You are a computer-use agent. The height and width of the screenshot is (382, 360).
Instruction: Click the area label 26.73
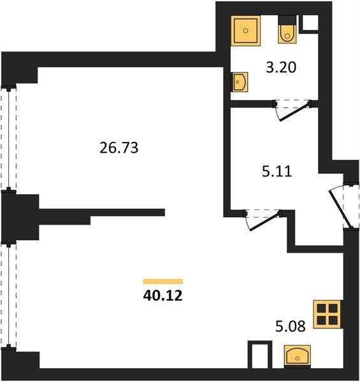(119, 148)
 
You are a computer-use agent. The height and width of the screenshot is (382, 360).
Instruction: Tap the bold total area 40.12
(163, 296)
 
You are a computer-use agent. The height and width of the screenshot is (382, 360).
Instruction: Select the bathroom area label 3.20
(281, 67)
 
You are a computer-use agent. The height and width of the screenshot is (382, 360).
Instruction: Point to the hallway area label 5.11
(277, 171)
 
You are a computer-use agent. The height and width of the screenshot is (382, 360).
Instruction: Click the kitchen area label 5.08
(291, 326)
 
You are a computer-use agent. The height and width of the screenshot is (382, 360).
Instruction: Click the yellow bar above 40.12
(163, 281)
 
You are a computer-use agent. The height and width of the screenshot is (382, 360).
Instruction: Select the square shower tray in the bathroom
(246, 31)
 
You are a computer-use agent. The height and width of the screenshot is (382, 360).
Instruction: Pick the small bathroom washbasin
(240, 82)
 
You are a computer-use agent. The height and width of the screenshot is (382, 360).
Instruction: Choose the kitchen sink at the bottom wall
(298, 356)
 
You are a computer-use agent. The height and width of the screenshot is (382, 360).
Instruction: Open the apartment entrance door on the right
(344, 206)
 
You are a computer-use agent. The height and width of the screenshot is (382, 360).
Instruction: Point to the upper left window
(9, 138)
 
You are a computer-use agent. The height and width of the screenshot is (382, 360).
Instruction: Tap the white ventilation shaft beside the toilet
(310, 23)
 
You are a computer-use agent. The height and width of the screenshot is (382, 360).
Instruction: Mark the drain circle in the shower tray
(246, 31)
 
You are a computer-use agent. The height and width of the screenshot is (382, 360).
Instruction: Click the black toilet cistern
(287, 20)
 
